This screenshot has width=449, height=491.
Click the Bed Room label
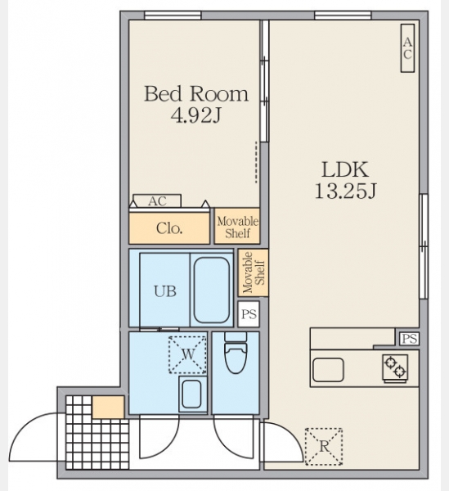196,93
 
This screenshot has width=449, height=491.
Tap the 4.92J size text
195,115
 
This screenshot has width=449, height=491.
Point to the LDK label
345,169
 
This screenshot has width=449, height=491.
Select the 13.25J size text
345,191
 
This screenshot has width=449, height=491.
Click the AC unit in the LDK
407,48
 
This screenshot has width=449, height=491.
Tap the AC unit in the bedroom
157,200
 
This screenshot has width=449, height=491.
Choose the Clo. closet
169,228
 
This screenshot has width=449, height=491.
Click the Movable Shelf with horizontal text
237,226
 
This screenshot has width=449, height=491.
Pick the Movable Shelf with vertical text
254,273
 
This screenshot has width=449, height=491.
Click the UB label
165,291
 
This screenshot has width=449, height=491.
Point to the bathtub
212,290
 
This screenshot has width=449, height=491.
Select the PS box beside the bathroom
249,313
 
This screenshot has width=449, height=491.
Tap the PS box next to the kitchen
409,339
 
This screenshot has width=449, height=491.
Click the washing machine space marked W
187,355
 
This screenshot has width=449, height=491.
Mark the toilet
236,353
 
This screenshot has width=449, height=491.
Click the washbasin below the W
192,394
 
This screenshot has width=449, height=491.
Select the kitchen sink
328,370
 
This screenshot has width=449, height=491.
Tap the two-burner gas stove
395,368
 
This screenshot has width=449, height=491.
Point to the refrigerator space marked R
324,446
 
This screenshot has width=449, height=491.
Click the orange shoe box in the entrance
109,407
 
